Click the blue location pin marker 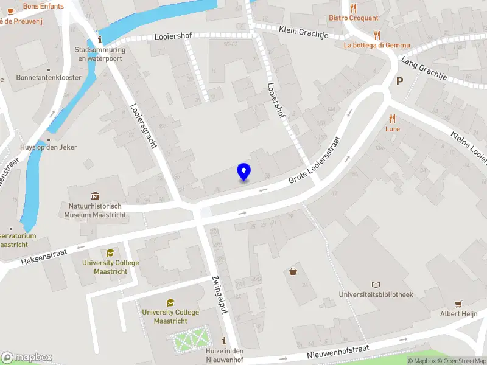[x=243, y=172]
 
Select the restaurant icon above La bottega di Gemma [x=377, y=35]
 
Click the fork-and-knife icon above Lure [x=392, y=119]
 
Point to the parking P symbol [x=399, y=81]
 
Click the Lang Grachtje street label [x=424, y=68]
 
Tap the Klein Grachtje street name [x=303, y=32]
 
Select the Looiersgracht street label [x=144, y=127]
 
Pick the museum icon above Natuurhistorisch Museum [x=96, y=196]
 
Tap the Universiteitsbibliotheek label [x=376, y=294]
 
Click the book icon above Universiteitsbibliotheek [x=376, y=285]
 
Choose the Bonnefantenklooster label [x=49, y=78]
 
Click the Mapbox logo [x=26, y=358]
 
